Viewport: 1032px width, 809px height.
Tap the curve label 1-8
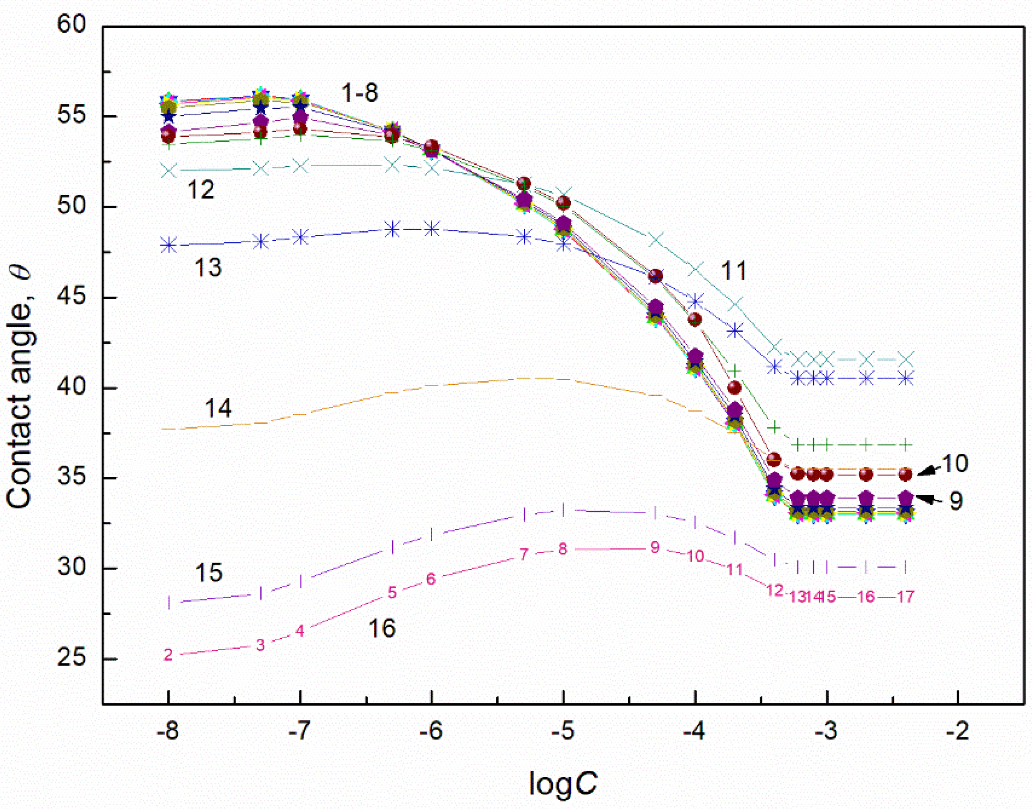(x=360, y=93)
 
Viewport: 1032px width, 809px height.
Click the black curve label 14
(x=218, y=408)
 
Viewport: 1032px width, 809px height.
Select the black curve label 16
(x=382, y=629)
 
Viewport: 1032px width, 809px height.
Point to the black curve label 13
(x=208, y=268)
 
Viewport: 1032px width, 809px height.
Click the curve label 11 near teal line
(x=734, y=271)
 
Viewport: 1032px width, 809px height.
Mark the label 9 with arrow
(x=956, y=501)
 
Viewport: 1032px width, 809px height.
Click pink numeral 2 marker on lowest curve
(x=168, y=654)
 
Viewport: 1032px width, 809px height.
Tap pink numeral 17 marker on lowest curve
(x=905, y=597)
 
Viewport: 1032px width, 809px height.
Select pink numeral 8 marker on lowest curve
(x=562, y=549)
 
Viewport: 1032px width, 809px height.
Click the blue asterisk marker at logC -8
(x=168, y=246)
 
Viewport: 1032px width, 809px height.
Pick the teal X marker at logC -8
(x=168, y=170)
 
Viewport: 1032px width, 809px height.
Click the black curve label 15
(x=208, y=573)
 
